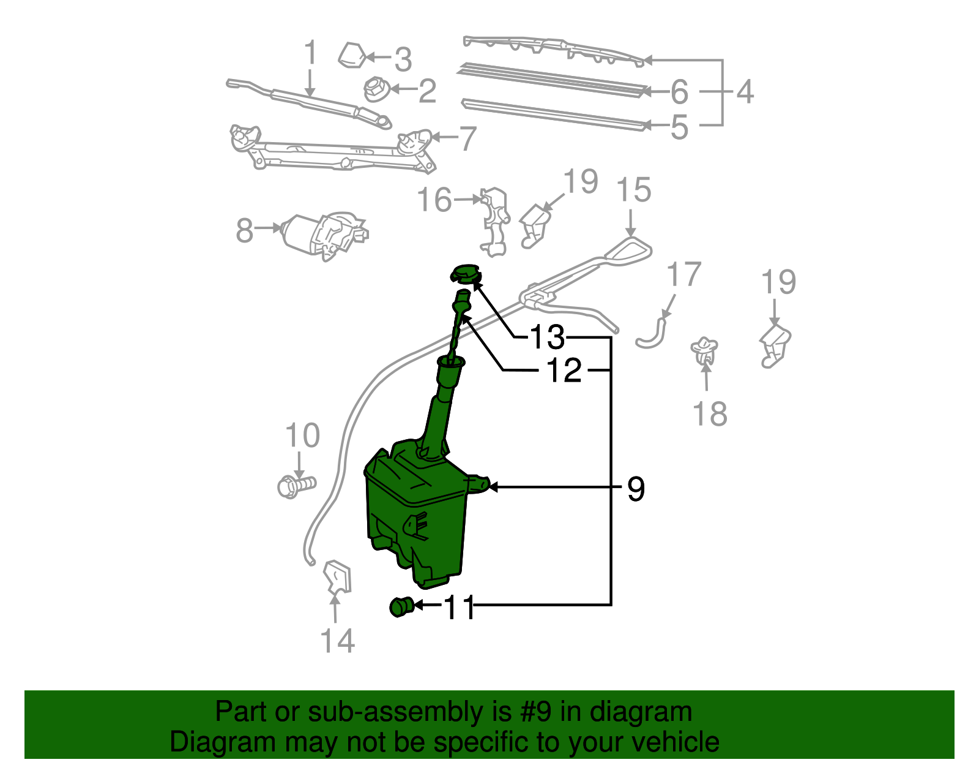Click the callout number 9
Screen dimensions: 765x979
(x=636, y=489)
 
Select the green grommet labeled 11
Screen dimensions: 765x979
(x=401, y=606)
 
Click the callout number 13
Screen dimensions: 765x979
(x=546, y=337)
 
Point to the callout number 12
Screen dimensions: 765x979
(x=564, y=370)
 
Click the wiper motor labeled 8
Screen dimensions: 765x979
(x=323, y=235)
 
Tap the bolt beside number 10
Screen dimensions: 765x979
(x=296, y=486)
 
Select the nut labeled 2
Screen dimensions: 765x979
(x=375, y=90)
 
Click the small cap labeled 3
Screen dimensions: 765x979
(x=352, y=56)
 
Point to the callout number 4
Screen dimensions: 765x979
(x=744, y=92)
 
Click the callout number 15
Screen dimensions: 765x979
(x=634, y=190)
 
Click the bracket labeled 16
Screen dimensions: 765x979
(x=494, y=220)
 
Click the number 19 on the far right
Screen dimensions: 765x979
(x=778, y=282)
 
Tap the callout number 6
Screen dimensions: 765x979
(x=679, y=92)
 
